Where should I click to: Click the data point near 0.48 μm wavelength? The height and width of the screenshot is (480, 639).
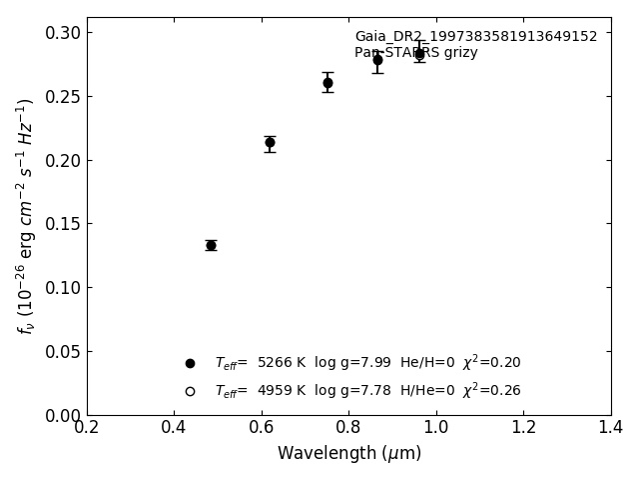click(x=211, y=245)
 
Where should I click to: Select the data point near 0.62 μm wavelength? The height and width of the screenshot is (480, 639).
click(x=270, y=142)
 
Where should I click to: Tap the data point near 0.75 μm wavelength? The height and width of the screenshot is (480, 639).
click(x=327, y=83)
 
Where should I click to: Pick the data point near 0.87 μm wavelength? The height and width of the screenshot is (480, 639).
click(x=377, y=60)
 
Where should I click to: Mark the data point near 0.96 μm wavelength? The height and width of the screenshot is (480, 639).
click(x=419, y=55)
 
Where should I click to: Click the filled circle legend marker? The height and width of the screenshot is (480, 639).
click(x=190, y=363)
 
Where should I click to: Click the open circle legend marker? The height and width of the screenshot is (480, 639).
click(x=190, y=391)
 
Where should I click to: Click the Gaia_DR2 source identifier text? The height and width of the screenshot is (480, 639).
click(x=475, y=37)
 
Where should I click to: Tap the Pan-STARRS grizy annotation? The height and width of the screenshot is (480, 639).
click(x=415, y=53)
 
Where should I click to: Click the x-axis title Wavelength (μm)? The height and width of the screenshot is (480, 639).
click(x=348, y=453)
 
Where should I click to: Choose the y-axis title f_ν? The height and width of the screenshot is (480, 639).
click(x=26, y=215)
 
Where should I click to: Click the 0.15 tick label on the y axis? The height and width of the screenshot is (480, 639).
click(x=61, y=224)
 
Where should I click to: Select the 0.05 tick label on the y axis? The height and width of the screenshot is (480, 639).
click(x=61, y=352)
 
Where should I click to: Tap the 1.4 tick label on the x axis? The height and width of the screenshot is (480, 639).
click(x=610, y=428)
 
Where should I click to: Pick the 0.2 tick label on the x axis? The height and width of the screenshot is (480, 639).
click(x=87, y=428)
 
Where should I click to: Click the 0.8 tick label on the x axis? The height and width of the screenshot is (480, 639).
click(x=348, y=428)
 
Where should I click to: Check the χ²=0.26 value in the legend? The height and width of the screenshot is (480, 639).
click(x=491, y=390)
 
